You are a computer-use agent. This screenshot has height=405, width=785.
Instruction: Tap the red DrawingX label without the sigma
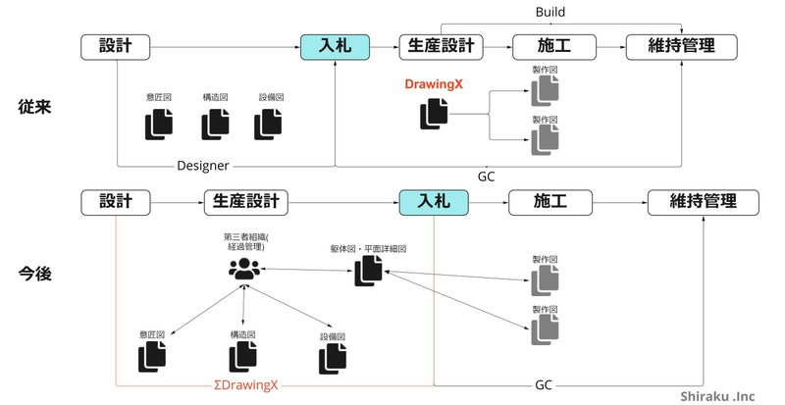click(x=434, y=85)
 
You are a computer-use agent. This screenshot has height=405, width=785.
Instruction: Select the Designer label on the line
click(x=203, y=165)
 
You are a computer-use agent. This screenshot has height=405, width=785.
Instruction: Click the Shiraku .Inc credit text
click(x=726, y=394)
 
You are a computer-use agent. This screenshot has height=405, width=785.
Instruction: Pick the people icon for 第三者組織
click(x=241, y=268)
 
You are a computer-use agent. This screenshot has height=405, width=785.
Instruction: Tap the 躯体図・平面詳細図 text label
click(x=368, y=249)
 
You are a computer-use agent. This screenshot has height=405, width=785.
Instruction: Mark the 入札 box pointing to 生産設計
click(x=335, y=45)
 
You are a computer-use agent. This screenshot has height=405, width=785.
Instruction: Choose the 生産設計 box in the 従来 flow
click(x=438, y=45)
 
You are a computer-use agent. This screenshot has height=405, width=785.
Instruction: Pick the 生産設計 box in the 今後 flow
click(x=246, y=202)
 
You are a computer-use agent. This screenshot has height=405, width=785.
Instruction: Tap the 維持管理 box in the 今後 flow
click(x=705, y=202)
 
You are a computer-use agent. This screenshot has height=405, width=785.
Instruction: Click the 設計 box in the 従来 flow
click(x=117, y=45)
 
